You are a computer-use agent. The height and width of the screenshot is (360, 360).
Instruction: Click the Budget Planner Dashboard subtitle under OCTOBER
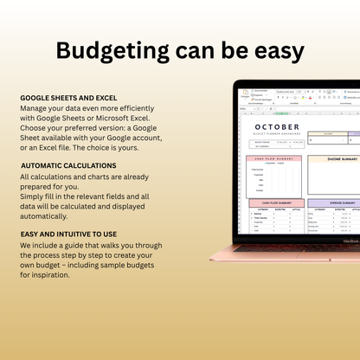280,136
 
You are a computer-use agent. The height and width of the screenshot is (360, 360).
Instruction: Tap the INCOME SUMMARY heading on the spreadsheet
331,159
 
